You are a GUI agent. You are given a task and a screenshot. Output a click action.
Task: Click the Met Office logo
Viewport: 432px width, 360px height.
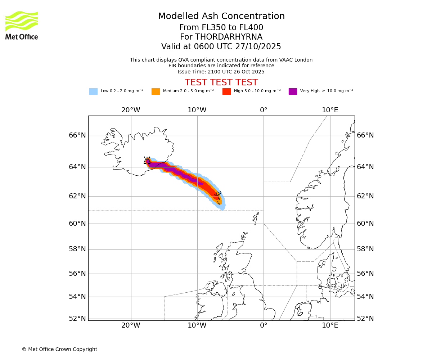click(x=22, y=25)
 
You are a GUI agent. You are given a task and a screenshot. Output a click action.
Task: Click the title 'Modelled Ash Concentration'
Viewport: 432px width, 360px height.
click(x=221, y=17)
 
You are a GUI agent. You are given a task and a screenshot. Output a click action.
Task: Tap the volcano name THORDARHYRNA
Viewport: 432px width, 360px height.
click(x=221, y=37)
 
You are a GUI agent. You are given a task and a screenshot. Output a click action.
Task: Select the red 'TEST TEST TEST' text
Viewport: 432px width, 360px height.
click(x=221, y=82)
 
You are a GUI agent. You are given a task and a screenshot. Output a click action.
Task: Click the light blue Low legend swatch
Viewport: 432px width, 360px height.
click(x=93, y=91)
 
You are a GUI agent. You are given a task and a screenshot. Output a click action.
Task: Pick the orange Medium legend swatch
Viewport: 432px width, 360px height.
click(x=156, y=91)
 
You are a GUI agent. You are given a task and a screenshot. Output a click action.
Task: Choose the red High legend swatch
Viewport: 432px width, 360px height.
click(x=226, y=91)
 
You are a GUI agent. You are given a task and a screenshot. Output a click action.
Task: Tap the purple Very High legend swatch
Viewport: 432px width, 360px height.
click(x=293, y=91)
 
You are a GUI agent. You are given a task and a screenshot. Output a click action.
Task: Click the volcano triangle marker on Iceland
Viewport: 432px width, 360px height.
click(x=147, y=161)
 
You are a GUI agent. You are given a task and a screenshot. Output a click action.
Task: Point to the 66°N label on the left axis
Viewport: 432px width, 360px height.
click(x=77, y=135)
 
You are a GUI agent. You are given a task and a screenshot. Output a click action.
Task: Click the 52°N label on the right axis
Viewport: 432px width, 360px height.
click(x=365, y=319)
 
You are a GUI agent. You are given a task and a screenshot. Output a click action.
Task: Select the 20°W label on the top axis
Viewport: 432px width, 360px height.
click(x=131, y=110)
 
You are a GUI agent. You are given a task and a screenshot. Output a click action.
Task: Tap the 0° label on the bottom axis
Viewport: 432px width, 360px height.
click(x=264, y=325)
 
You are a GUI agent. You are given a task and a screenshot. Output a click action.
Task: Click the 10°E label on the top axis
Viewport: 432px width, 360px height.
click(x=330, y=110)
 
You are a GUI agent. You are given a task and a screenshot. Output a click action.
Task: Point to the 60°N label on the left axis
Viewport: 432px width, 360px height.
click(x=77, y=224)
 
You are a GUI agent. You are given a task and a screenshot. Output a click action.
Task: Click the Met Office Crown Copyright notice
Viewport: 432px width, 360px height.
click(x=59, y=349)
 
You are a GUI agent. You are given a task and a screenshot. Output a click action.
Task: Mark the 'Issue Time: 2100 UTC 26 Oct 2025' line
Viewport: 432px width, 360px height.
click(x=221, y=72)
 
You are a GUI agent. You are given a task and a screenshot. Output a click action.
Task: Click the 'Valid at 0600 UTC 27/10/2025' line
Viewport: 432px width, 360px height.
click(x=221, y=47)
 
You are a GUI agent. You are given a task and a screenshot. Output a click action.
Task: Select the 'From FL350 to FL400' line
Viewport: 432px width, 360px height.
click(x=221, y=28)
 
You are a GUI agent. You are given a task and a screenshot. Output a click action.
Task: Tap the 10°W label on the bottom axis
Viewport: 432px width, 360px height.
click(x=197, y=325)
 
